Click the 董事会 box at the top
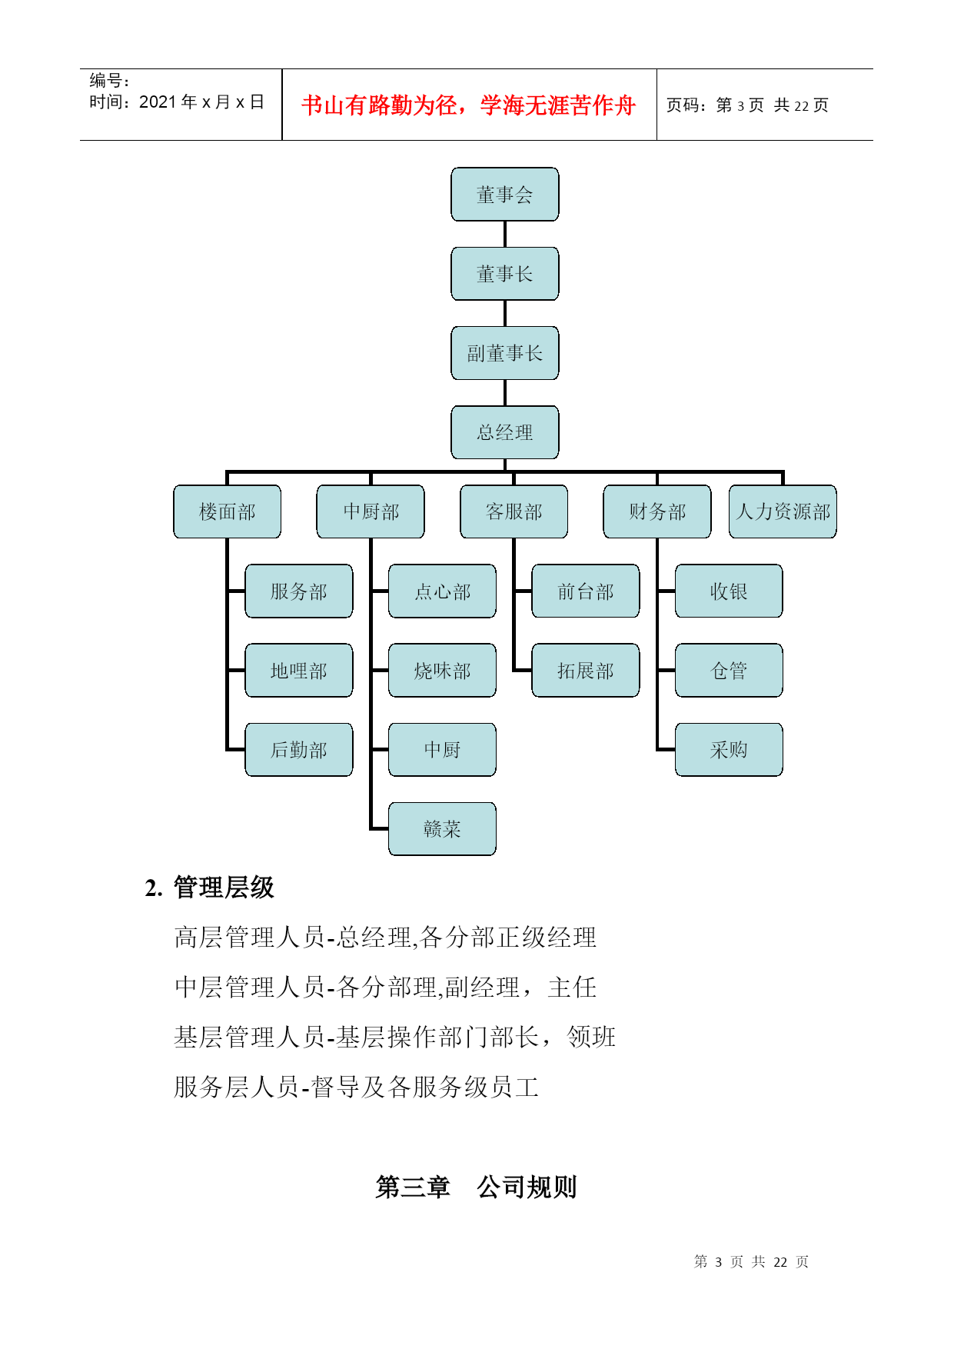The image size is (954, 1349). tap(504, 195)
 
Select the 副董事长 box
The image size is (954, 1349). tap(504, 353)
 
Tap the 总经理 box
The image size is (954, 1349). tap(504, 432)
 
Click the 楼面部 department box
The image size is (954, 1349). tap(227, 511)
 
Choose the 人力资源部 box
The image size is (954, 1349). tap(783, 511)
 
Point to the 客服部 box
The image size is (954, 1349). tap(514, 511)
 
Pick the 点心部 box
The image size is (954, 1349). tap(442, 591)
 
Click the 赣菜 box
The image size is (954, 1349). tap(442, 829)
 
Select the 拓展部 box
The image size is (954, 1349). tap(585, 671)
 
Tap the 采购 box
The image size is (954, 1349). tap(729, 750)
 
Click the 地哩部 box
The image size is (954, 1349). tap(298, 671)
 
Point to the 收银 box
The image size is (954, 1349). tap(729, 591)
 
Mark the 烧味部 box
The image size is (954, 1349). tap(442, 671)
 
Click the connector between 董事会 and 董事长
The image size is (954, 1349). tap(504, 235)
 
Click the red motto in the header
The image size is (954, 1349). tap(468, 105)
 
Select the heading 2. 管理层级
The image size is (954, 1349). tap(209, 888)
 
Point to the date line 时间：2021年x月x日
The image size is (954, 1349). tap(177, 102)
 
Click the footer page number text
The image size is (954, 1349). tap(751, 1262)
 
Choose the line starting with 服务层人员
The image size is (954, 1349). tap(357, 1088)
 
